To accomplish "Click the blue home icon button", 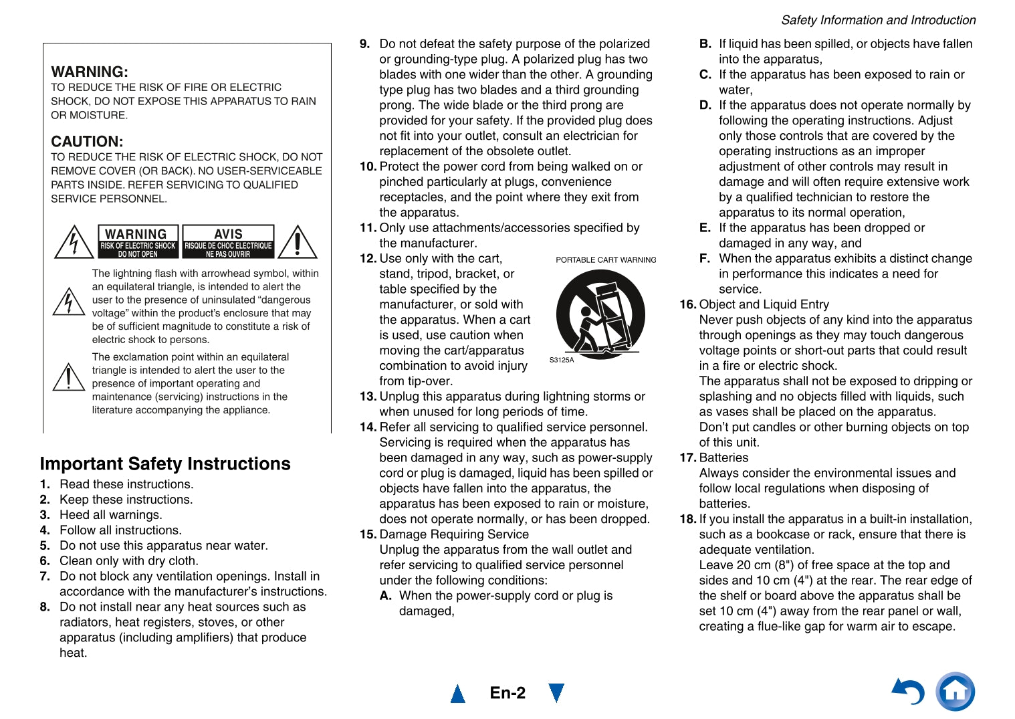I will point(955,692).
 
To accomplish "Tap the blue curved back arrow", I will point(909,692).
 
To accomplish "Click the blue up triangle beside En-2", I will point(458,694).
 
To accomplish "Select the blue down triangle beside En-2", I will point(556,693).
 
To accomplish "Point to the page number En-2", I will point(507,693).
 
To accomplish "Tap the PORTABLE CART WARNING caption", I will point(606,260).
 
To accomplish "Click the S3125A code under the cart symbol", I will point(562,360).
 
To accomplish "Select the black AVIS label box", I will point(228,241).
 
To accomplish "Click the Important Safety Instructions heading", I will point(165,464).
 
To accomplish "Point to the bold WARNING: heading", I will point(90,72).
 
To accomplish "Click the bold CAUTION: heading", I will point(87,141).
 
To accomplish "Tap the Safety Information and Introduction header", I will point(878,20).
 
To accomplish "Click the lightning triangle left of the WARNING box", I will point(74,242).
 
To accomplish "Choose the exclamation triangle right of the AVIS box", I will point(297,242).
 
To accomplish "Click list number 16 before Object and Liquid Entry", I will point(687,304).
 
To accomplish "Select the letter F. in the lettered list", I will point(704,258).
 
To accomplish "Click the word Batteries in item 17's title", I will point(723,457).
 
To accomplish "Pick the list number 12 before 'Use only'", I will point(368,258).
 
